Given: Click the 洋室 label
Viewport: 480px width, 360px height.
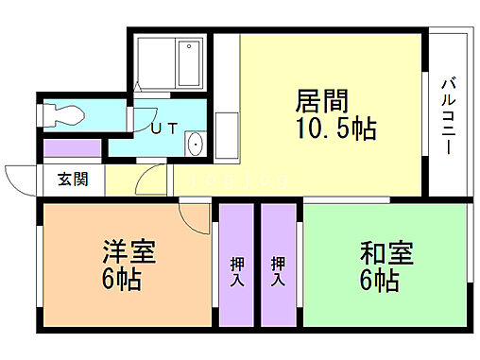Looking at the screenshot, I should (x=129, y=253).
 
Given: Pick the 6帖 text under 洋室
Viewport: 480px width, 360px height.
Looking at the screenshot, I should (x=123, y=281).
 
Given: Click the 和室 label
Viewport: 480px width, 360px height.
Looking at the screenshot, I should (x=386, y=253).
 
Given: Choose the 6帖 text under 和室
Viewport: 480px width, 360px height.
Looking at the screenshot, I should (x=379, y=281).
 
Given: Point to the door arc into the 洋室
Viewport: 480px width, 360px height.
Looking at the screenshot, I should (x=195, y=219).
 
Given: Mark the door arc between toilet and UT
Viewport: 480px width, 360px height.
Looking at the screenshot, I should (x=142, y=123).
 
